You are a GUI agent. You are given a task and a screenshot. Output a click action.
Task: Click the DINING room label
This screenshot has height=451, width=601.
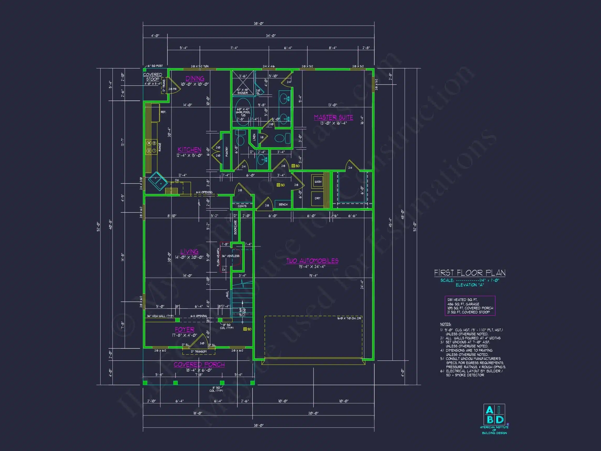[195, 79]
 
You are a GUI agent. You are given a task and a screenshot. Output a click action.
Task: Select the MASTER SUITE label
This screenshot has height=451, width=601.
[333, 117]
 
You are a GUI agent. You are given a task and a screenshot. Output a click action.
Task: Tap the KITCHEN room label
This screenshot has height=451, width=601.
[189, 150]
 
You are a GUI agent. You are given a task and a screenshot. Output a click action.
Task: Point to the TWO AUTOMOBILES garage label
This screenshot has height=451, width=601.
[312, 261]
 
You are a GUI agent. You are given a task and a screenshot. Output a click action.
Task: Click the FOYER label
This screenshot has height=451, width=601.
[184, 329]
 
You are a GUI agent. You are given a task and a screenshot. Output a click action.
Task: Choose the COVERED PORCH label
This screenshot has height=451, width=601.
[199, 365]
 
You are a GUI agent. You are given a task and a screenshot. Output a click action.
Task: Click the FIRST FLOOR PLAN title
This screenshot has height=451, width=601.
[470, 273]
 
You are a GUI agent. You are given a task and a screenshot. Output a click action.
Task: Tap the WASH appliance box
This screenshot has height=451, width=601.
[318, 181]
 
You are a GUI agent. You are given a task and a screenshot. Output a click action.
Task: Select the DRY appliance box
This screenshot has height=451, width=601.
[318, 198]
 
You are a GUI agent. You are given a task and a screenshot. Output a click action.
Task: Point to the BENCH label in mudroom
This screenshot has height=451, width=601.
[283, 204]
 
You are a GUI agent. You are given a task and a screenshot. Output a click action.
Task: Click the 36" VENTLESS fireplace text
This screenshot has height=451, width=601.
[230, 256]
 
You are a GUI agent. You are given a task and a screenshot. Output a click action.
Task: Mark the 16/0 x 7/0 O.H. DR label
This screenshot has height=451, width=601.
[349, 318]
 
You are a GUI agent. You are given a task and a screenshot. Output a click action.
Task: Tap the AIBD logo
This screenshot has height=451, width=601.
[494, 414]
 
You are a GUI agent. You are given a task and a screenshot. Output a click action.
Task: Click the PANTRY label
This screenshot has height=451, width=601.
[227, 152]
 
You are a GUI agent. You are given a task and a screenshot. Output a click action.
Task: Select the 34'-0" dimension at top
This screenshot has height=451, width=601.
[271, 35]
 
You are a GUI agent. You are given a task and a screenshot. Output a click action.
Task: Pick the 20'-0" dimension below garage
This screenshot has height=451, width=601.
[313, 413]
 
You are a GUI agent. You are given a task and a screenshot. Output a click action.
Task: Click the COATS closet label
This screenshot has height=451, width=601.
[242, 206]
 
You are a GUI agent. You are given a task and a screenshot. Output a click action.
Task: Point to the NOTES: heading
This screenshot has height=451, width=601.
[446, 324]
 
